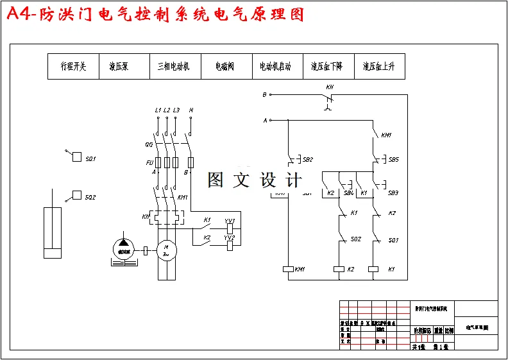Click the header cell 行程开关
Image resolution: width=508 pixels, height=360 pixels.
pyautogui.click(x=73, y=66)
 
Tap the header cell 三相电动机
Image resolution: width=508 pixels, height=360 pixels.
pyautogui.click(x=173, y=66)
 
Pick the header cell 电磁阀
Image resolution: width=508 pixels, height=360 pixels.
pyautogui.click(x=224, y=66)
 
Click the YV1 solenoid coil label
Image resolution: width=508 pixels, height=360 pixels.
pyautogui.click(x=229, y=221)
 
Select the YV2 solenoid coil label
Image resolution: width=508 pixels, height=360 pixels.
pyautogui.click(x=229, y=237)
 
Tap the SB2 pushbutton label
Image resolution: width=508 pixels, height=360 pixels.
pyautogui.click(x=308, y=160)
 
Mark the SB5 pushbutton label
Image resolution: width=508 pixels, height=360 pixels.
pyautogui.click(x=393, y=160)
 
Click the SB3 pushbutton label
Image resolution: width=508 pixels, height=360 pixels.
pyautogui.click(x=393, y=193)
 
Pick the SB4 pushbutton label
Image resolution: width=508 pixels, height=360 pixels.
pyautogui.click(x=348, y=193)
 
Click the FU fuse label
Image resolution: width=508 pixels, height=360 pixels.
pyautogui.click(x=149, y=162)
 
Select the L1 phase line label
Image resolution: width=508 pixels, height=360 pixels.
pyautogui.click(x=158, y=110)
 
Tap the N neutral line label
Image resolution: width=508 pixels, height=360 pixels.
pyautogui.click(x=191, y=110)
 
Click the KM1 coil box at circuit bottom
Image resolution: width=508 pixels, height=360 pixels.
pyautogui.click(x=288, y=270)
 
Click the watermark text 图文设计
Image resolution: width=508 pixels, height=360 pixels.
pyautogui.click(x=254, y=181)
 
